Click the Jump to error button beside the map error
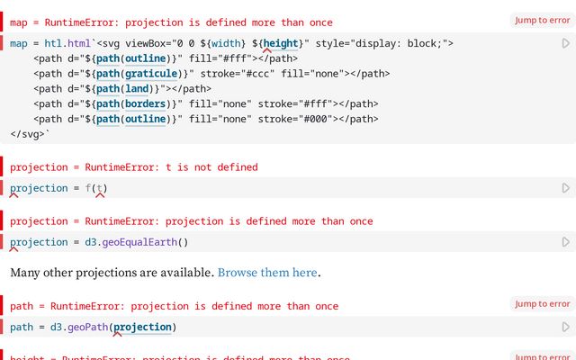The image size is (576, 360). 542,20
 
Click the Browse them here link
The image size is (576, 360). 267,273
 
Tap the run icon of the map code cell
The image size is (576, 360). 566,43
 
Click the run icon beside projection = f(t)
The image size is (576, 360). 566,188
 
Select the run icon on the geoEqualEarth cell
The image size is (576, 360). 566,242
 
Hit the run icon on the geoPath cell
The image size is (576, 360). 566,327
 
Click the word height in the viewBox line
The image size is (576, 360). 281,43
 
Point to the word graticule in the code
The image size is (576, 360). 151,74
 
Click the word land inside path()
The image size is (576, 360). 137,89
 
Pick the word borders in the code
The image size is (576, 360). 145,104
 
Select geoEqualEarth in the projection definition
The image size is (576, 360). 139,242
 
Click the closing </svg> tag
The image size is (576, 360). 28,134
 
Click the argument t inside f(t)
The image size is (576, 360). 99,188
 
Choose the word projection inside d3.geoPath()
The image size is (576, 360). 142,327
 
